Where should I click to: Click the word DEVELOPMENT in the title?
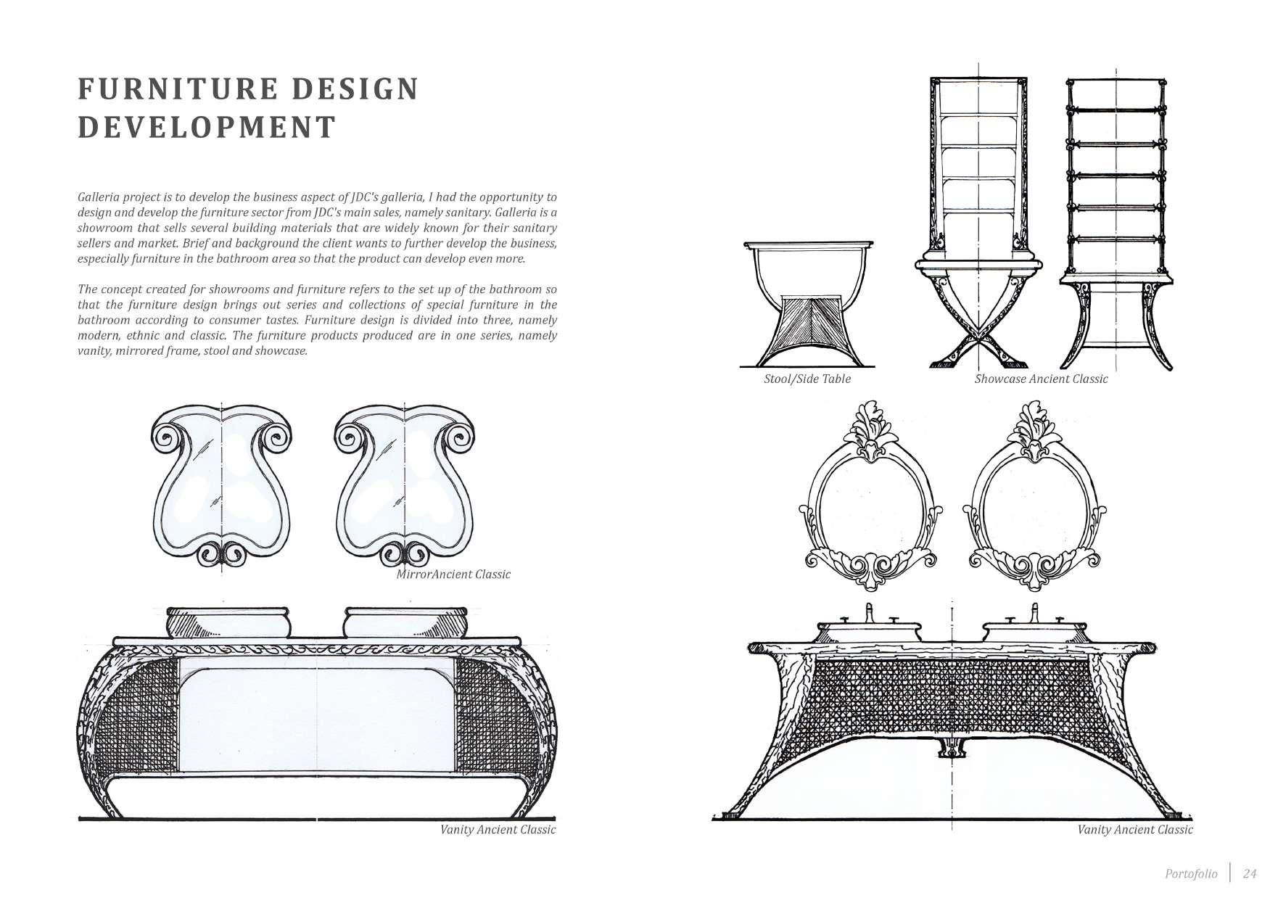(x=207, y=127)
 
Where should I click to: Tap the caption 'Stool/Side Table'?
(x=807, y=379)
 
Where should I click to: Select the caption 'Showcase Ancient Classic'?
(x=1041, y=379)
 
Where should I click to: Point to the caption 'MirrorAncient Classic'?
(x=453, y=574)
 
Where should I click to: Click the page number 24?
(x=1249, y=873)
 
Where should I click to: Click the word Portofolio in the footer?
(x=1191, y=873)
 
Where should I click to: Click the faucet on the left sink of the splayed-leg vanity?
(x=869, y=613)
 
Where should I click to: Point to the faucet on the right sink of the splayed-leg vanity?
(x=1034, y=613)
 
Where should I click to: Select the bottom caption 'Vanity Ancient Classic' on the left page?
(x=498, y=830)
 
